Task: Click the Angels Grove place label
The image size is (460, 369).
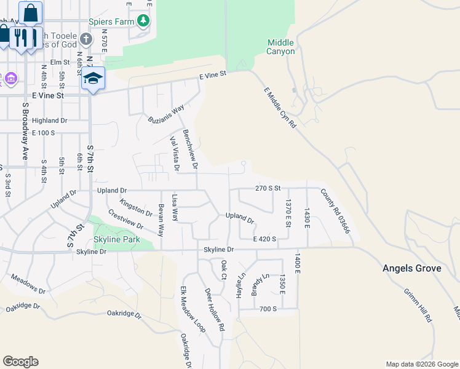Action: click(x=411, y=268)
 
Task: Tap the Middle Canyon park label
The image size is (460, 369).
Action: click(x=281, y=47)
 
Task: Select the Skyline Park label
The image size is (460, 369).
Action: click(x=117, y=239)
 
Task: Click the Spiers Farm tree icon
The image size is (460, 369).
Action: click(x=143, y=21)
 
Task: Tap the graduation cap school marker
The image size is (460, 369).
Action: click(x=93, y=78)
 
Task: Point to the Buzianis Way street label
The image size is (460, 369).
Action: click(x=166, y=114)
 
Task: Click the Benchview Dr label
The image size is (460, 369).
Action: click(x=191, y=149)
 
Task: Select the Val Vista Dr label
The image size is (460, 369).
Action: click(x=174, y=153)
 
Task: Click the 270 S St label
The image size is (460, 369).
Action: click(x=268, y=188)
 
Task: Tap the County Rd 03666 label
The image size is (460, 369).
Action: click(x=336, y=211)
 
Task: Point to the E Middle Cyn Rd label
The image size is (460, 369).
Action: click(x=280, y=108)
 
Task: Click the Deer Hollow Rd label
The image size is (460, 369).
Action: click(x=215, y=309)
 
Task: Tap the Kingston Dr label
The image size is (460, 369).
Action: click(x=136, y=207)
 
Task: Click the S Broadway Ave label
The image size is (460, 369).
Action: click(x=26, y=131)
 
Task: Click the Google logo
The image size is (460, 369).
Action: click(x=20, y=362)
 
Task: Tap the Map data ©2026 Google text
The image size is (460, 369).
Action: click(x=421, y=364)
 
